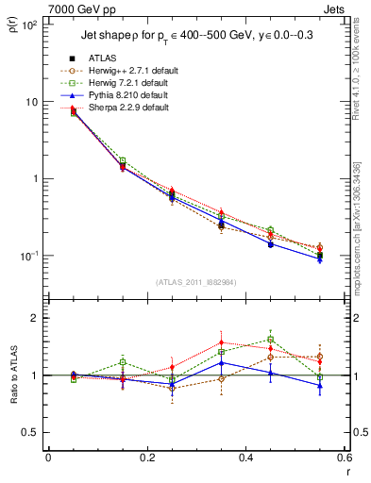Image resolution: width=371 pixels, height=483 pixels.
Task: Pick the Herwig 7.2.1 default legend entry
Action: tap(132, 84)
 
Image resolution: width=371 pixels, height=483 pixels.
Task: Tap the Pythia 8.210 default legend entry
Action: tap(132, 96)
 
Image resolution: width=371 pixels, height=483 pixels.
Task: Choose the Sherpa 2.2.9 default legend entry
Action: tap(131, 108)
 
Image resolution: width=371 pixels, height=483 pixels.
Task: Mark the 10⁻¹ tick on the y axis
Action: tap(30, 256)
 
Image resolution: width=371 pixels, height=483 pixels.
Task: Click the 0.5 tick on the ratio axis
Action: tap(30, 432)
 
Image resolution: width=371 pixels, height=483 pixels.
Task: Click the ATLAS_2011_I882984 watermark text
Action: tap(195, 282)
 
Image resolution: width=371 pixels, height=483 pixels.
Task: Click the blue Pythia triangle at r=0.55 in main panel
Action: tap(319, 259)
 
